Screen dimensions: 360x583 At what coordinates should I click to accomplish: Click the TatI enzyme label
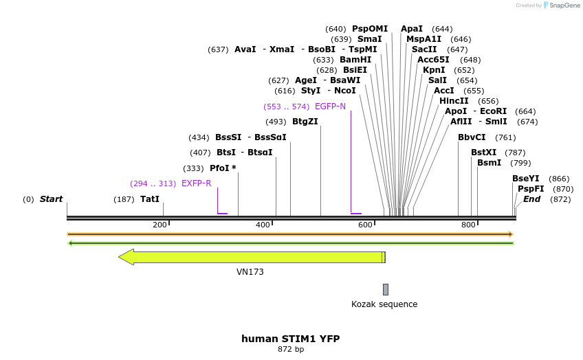pos(150,199)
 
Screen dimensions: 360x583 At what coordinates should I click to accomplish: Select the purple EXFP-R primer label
pos(196,183)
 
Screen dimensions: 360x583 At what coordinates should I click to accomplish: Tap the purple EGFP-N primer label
pos(330,106)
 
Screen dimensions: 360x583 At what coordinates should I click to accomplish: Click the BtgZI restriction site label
pos(305,122)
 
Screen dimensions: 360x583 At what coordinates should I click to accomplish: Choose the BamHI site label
pos(355,60)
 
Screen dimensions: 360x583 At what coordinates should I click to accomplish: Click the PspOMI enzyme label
pos(370,29)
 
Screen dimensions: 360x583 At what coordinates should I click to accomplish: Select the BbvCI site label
pos(472,137)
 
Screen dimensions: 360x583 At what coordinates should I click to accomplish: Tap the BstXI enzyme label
pos(483,153)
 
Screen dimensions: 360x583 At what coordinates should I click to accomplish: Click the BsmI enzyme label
pos(489,163)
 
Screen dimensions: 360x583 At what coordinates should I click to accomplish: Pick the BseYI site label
pos(526,179)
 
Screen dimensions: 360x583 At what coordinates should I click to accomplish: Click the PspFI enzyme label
pos(531,189)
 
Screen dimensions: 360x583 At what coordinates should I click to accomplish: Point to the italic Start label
pos(51,199)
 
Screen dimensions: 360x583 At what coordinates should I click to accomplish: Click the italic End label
pos(531,199)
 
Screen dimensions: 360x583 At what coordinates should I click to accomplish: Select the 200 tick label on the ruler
pos(159,225)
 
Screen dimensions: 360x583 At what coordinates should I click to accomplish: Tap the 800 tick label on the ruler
pos(468,225)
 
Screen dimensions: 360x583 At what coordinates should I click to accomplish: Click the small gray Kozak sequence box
pos(386,289)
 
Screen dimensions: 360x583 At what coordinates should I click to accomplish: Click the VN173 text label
pos(250,272)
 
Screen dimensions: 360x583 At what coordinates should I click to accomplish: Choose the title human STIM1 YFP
pos(290,339)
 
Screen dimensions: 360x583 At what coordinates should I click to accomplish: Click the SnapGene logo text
pos(564,5)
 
